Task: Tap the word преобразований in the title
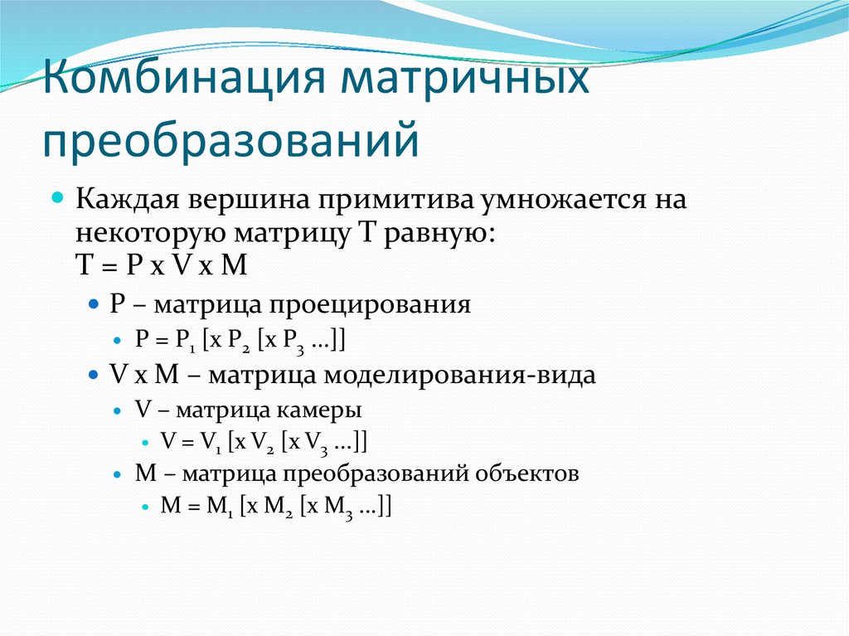tap(231, 140)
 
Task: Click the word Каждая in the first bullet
tap(128, 201)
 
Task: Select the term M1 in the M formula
tap(216, 507)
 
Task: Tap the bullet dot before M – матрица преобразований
tap(118, 475)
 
